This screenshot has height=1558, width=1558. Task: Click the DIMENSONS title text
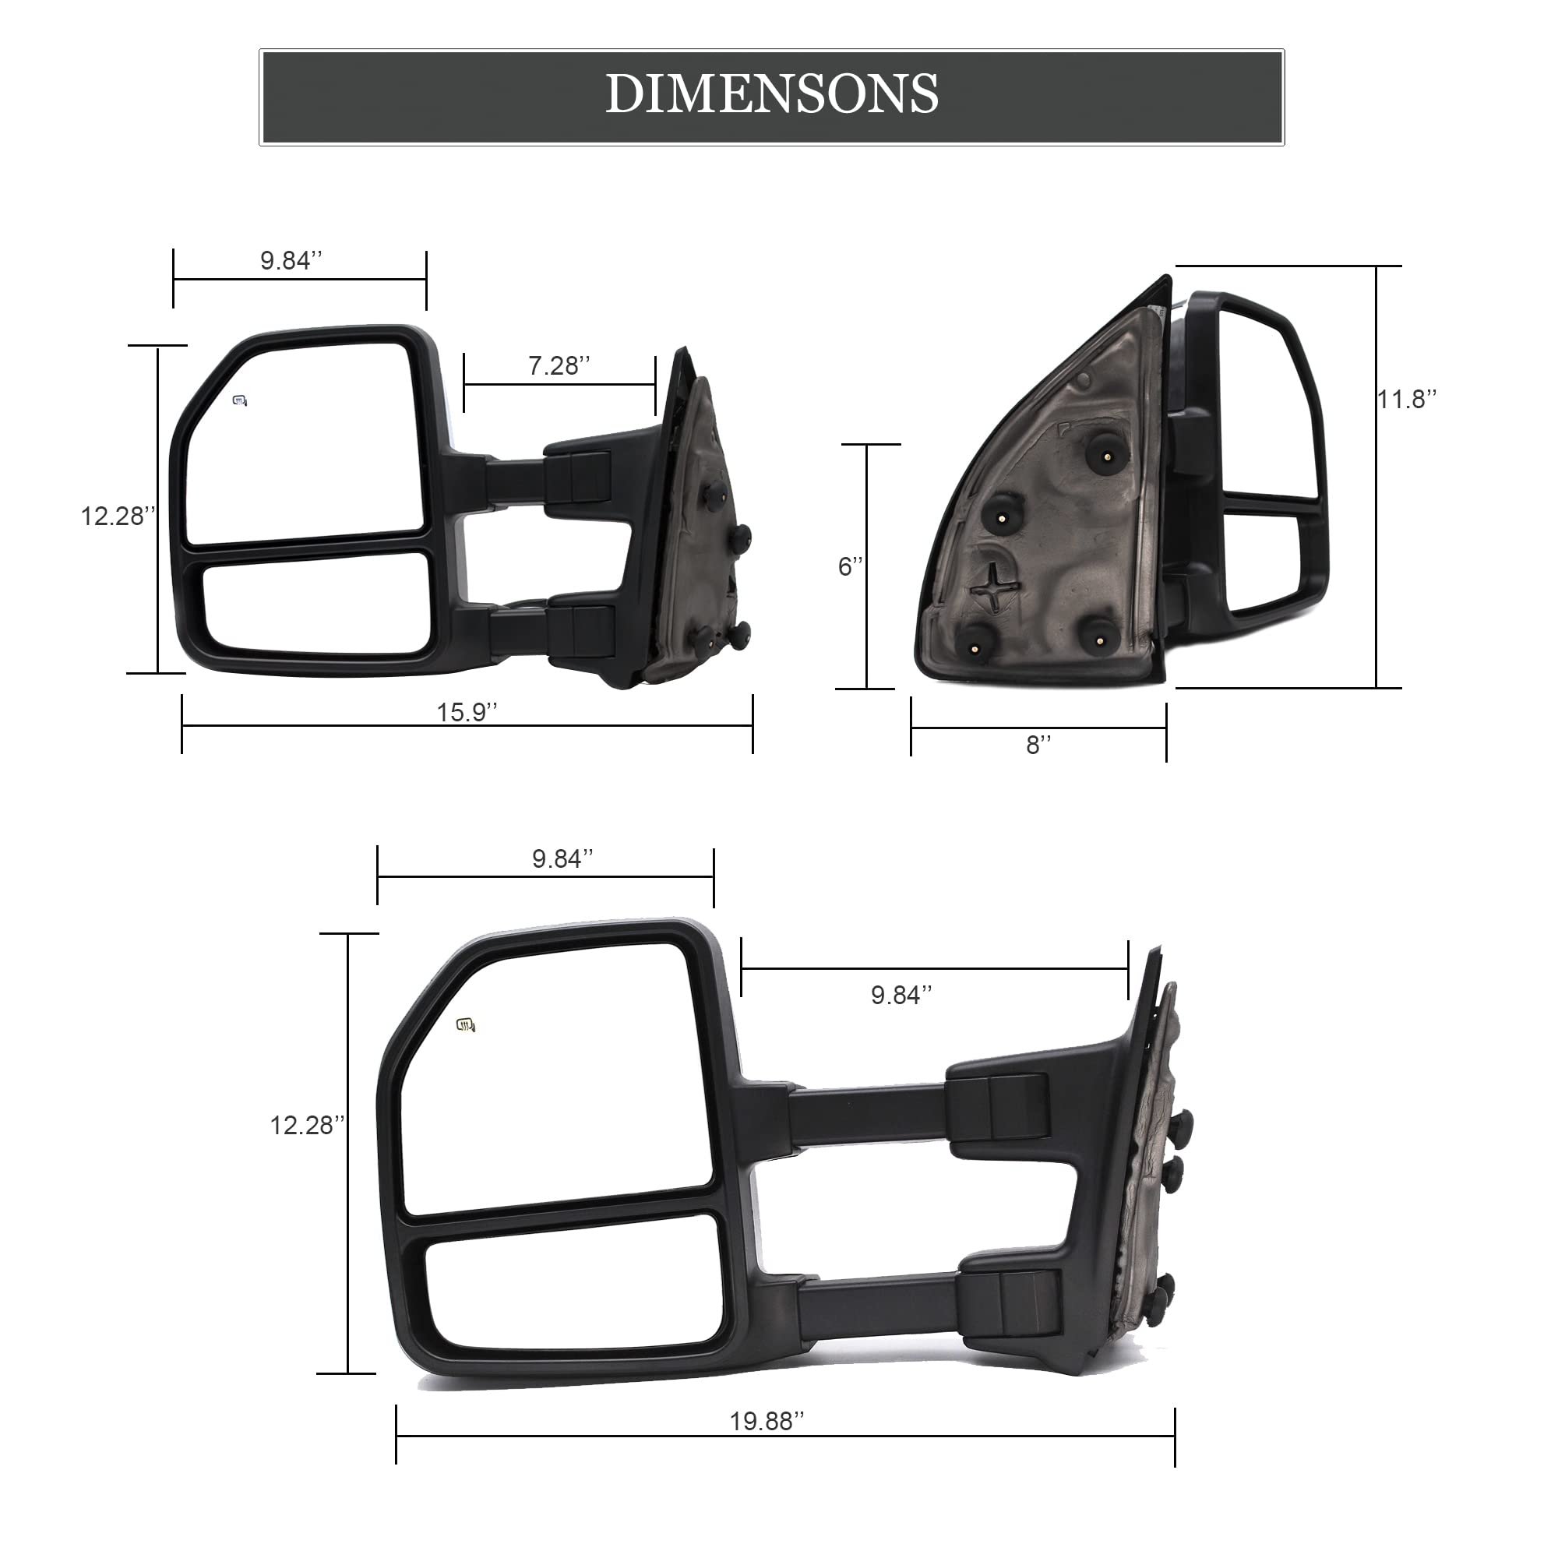[x=772, y=94]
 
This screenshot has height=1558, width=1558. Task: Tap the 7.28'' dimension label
[x=559, y=366]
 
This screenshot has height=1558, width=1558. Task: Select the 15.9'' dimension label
[x=466, y=712]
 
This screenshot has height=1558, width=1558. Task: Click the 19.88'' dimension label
[x=766, y=1421]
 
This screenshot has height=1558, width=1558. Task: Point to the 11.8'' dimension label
[x=1407, y=399]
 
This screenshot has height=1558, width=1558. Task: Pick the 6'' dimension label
[x=850, y=567]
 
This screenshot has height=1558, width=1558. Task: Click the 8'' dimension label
[x=1038, y=746]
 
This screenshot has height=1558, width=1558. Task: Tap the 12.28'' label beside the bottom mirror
[x=306, y=1126]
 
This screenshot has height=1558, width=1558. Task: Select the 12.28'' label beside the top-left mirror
[x=117, y=516]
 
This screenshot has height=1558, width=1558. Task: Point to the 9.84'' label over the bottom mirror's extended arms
[x=901, y=995]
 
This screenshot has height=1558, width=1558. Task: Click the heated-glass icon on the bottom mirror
[x=466, y=1025]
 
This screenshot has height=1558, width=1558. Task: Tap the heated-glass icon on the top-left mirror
[x=240, y=400]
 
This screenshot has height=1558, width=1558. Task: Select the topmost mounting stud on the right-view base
[x=1102, y=456]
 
